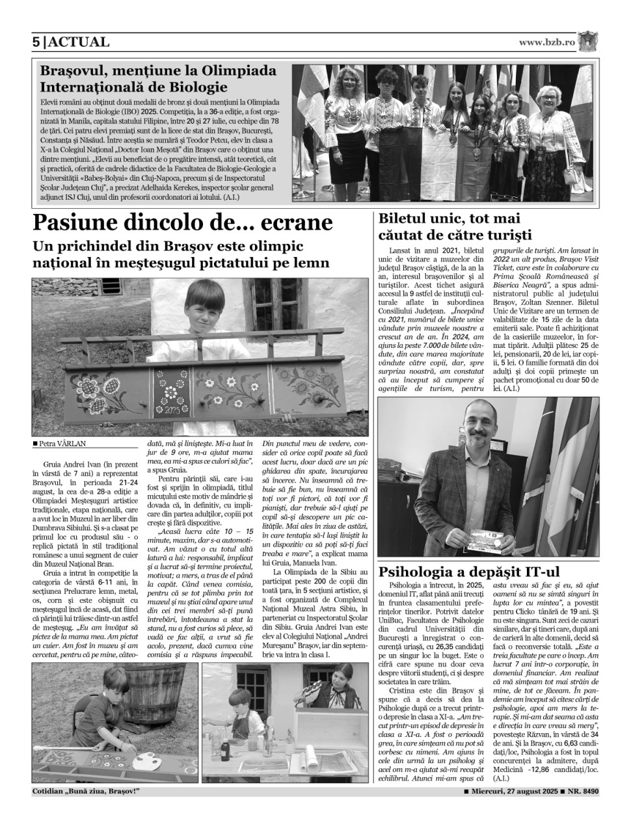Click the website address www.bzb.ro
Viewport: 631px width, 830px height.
tap(547, 42)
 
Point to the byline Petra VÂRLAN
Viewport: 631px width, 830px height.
tap(62, 444)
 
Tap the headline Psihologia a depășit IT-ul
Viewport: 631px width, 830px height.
tap(468, 572)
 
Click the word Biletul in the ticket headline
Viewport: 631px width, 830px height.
tap(405, 219)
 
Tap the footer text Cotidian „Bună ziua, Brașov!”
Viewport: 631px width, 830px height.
tap(86, 792)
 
